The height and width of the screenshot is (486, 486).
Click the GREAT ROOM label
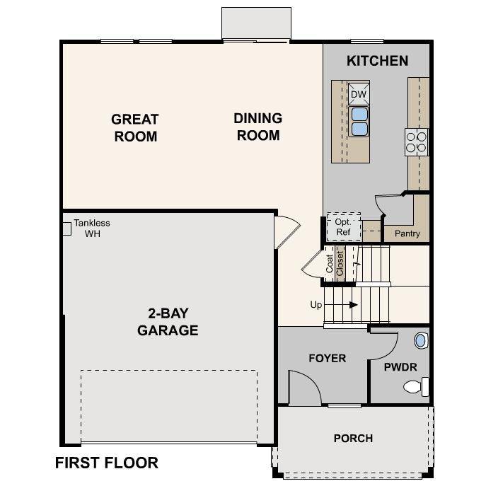coord(135,127)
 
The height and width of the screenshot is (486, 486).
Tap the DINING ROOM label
coord(258,127)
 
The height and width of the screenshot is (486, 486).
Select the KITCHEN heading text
coord(377,61)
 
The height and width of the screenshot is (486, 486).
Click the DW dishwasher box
coord(359,94)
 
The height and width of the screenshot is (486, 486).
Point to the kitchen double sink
coord(359,121)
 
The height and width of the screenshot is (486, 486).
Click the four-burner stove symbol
coord(417,141)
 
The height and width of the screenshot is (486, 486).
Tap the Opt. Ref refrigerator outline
coord(343,226)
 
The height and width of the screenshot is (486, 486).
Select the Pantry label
coord(407,233)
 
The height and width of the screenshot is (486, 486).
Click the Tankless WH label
coord(92,228)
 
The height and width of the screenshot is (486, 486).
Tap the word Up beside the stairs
coord(316,305)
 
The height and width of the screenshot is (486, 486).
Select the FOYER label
coord(328,358)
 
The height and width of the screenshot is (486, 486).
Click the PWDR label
coord(400,367)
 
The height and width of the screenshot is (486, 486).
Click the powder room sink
coord(420,340)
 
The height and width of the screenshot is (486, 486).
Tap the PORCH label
coord(353,438)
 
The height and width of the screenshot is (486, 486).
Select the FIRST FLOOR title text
coord(106,463)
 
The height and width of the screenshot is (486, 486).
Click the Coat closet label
coord(330,263)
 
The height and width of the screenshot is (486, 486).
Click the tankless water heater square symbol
coord(67,228)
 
